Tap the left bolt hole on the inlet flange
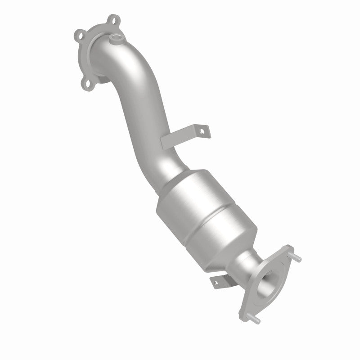[81, 34]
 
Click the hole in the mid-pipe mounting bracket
[202, 132]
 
